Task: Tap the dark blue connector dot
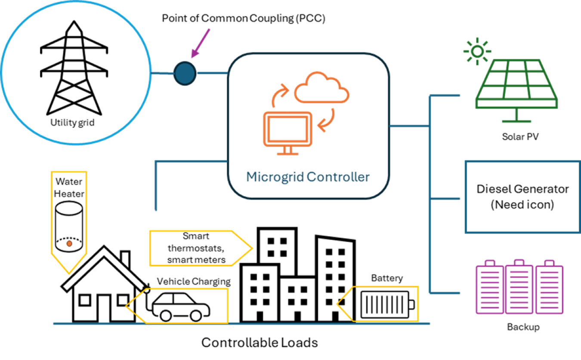185,73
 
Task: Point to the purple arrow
201,43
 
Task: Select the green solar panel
516,86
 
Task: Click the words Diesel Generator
522,189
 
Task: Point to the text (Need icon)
522,205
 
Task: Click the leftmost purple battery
489,287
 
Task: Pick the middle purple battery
519,287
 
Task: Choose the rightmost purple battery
549,287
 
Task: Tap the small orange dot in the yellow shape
69,243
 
